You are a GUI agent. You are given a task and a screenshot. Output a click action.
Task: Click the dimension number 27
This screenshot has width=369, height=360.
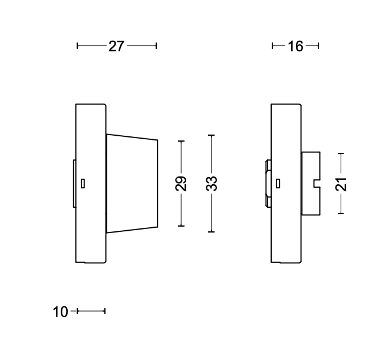(x=117, y=46)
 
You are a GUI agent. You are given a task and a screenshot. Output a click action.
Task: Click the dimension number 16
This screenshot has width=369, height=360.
(x=295, y=46)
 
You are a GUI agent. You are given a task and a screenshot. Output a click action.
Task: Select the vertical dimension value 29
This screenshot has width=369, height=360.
(x=182, y=184)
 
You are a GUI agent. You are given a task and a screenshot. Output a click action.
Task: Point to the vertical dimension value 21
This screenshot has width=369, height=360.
(x=341, y=184)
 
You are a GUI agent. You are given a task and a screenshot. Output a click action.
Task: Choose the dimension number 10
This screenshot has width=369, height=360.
(x=61, y=312)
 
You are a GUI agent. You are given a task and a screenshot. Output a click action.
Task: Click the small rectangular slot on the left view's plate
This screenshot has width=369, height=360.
(x=83, y=183)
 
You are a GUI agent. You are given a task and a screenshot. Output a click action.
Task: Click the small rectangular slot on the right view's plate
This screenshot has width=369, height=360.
(x=278, y=183)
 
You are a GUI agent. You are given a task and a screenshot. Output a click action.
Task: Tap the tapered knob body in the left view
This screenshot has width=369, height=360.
(x=132, y=183)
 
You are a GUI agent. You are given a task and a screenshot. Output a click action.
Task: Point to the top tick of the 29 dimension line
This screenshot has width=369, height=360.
(x=182, y=141)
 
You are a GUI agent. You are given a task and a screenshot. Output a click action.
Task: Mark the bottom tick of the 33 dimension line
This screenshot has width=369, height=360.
(x=212, y=232)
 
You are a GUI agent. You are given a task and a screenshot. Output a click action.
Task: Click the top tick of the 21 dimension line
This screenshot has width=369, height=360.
(x=341, y=153)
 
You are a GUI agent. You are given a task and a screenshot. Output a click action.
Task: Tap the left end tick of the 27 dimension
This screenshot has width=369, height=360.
(x=77, y=45)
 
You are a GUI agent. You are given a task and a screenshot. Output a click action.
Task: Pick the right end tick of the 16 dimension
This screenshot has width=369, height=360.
(x=318, y=45)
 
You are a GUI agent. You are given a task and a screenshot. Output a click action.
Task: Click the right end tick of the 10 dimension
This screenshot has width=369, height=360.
(x=104, y=311)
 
